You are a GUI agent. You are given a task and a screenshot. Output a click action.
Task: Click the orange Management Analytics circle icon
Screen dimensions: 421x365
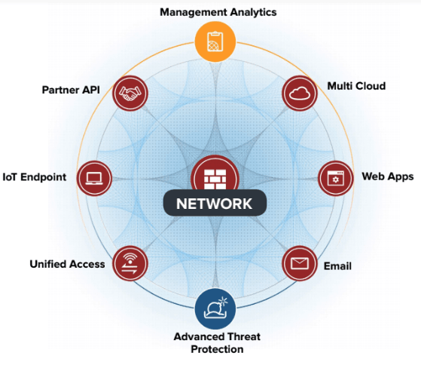coord(215,41)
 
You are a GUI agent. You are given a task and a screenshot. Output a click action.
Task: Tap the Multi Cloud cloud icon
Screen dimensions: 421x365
coord(300,93)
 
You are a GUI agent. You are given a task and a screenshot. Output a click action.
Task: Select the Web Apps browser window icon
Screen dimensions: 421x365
coord(336,178)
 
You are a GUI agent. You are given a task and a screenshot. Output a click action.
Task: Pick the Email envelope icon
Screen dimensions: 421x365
coord(300,263)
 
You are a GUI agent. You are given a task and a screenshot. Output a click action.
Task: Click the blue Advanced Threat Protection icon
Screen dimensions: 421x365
coord(215,309)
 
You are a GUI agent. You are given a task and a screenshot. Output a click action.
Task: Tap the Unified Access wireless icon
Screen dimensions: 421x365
coord(130,263)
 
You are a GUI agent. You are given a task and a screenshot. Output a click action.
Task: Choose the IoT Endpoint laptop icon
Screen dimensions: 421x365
coord(94,178)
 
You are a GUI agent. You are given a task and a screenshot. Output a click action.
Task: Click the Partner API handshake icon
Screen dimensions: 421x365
coord(130,93)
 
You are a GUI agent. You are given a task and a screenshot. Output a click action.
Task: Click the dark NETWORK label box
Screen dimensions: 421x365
coord(215,203)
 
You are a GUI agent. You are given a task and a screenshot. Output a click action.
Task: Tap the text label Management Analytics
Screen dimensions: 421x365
coord(218,12)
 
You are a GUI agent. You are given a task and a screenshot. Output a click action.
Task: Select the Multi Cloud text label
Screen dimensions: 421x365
coord(356,86)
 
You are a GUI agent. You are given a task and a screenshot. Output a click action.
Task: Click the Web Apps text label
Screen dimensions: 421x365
coord(388,177)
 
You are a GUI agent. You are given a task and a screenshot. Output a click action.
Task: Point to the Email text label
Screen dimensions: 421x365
coord(337,266)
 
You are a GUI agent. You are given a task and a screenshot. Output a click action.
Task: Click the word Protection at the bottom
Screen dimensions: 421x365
coord(217,349)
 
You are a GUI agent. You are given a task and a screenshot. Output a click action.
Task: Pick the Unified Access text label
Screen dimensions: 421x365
coord(67,264)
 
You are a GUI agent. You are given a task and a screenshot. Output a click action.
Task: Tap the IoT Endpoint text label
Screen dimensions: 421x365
coord(35,177)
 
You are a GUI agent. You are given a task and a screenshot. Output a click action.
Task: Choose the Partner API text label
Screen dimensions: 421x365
coord(71,90)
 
